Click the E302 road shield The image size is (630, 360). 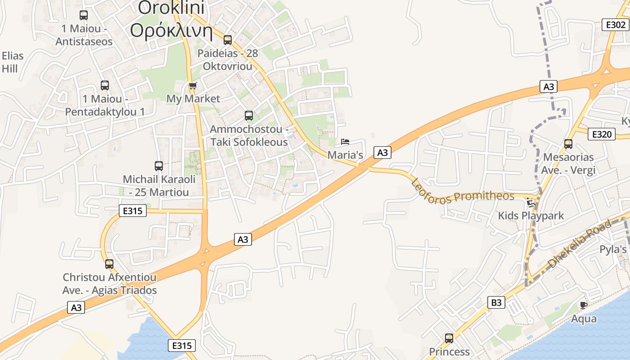click(615, 25)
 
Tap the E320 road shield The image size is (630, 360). click(601, 134)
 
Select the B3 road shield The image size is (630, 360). click(496, 302)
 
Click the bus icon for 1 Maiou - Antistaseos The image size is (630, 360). click(84, 15)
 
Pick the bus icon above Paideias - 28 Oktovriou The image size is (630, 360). click(227, 40)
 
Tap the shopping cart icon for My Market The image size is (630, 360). click(193, 85)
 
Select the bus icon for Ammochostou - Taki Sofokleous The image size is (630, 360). click(249, 116)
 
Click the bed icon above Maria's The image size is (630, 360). click(345, 142)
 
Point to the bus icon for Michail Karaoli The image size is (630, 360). click(159, 166)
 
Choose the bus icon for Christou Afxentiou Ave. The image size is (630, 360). click(109, 264)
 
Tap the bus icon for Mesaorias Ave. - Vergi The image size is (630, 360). click(568, 144)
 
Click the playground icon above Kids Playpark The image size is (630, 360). click(531, 202)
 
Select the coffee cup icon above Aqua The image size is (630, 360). click(584, 305)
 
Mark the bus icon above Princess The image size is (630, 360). click(449, 338)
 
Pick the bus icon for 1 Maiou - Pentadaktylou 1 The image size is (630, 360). click(105, 85)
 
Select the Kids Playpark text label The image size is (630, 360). click(531, 216)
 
